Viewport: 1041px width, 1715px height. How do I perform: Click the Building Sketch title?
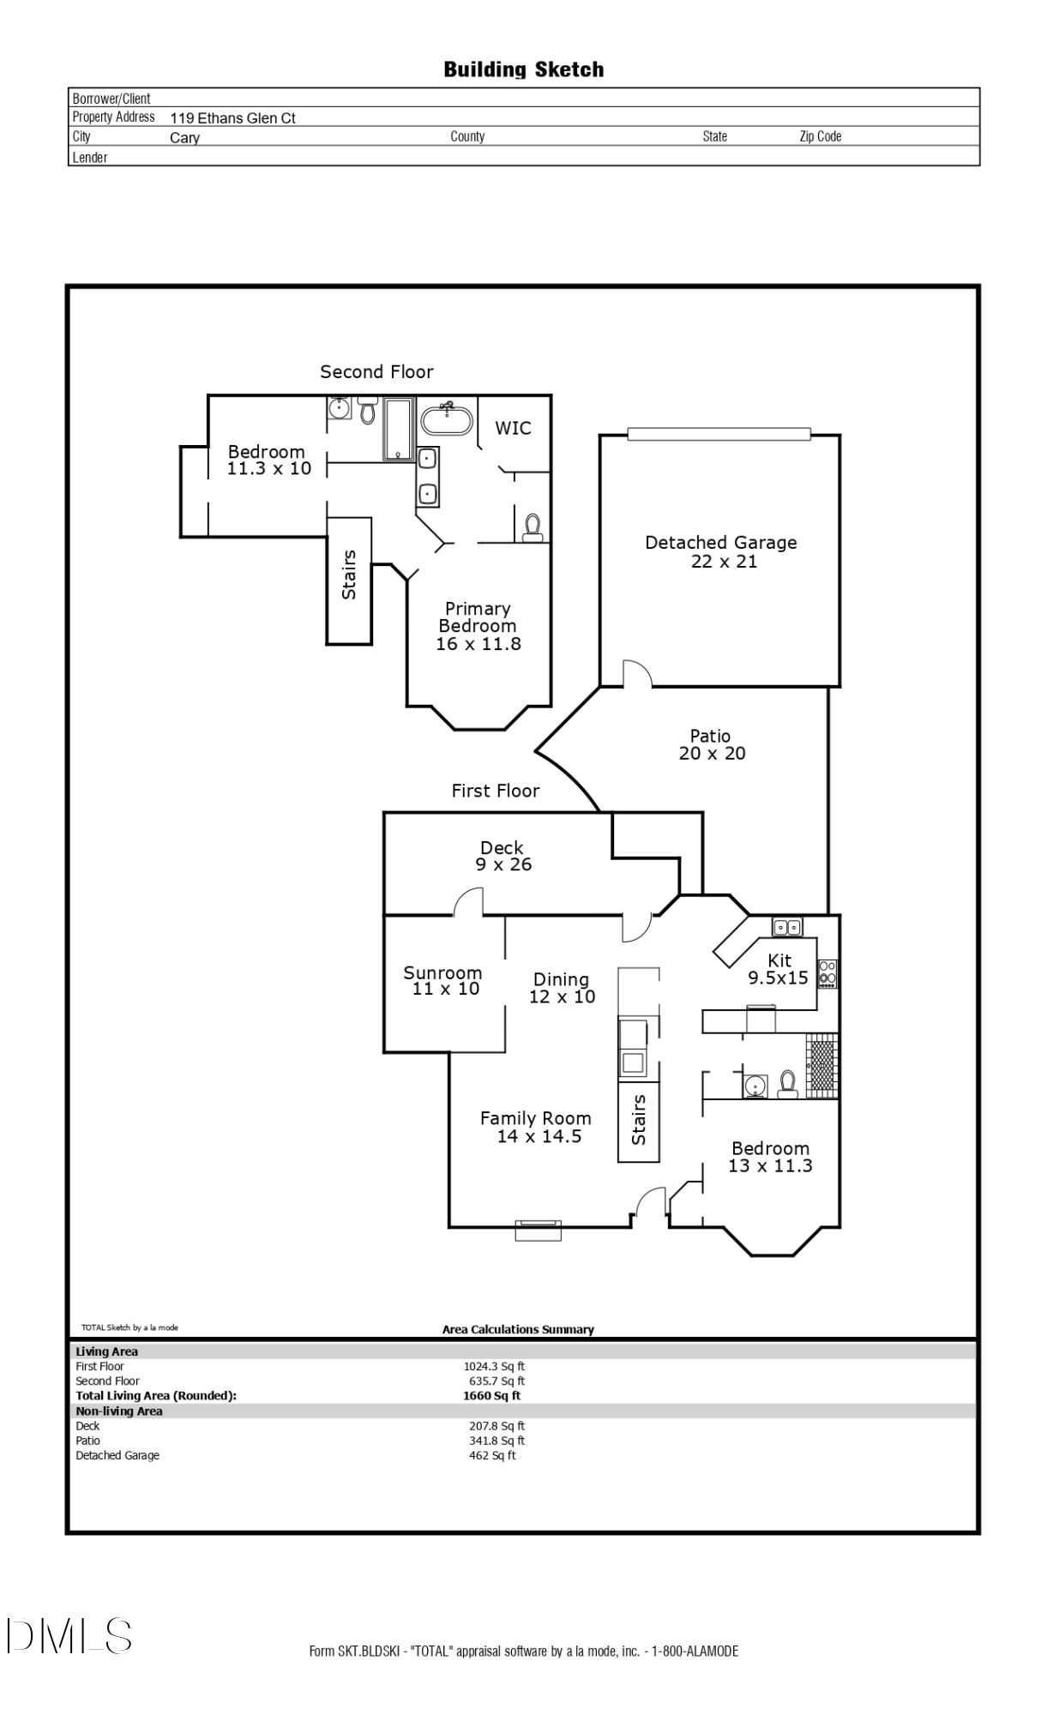pyautogui.click(x=523, y=69)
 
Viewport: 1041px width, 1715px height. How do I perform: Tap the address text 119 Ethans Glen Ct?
pyautogui.click(x=232, y=118)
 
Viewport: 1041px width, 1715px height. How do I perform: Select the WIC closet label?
pyautogui.click(x=513, y=428)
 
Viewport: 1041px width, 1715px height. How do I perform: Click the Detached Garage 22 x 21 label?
pyautogui.click(x=721, y=551)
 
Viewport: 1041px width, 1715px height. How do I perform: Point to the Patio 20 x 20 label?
pyautogui.click(x=711, y=744)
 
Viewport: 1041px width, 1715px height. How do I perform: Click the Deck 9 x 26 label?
pyautogui.click(x=502, y=856)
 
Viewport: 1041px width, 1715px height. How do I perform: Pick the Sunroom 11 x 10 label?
pyautogui.click(x=442, y=980)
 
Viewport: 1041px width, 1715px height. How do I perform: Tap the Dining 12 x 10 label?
pyautogui.click(x=562, y=988)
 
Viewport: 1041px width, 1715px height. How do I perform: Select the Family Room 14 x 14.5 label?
pyautogui.click(x=536, y=1127)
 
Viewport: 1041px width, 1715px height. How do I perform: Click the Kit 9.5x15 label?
pyautogui.click(x=779, y=969)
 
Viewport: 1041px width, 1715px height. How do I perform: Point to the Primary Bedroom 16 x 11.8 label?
pyautogui.click(x=478, y=626)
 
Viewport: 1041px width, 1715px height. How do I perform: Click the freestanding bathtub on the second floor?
pyautogui.click(x=446, y=421)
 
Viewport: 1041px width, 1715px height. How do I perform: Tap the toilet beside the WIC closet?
pyautogui.click(x=533, y=526)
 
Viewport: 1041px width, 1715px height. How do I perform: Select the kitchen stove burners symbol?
pyautogui.click(x=827, y=972)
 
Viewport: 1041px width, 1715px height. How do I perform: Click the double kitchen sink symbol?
pyautogui.click(x=787, y=926)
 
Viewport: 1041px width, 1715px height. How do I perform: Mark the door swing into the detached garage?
pyautogui.click(x=636, y=674)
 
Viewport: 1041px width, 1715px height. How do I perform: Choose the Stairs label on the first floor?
pyautogui.click(x=639, y=1119)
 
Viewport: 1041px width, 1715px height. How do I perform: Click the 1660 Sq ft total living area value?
pyautogui.click(x=491, y=1395)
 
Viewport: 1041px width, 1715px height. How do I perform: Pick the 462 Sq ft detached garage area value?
pyautogui.click(x=492, y=1455)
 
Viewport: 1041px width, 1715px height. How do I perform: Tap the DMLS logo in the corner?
pyautogui.click(x=69, y=1636)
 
